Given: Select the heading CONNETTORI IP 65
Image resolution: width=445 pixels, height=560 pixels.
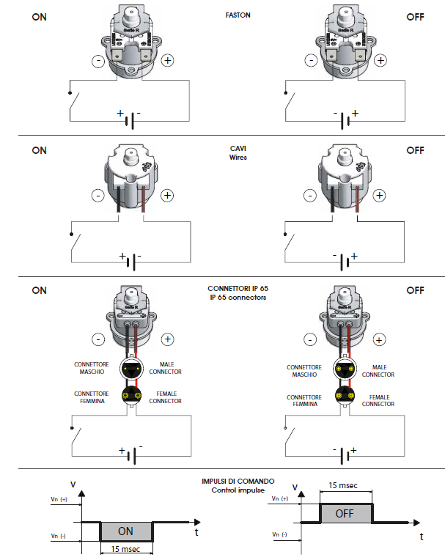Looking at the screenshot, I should [237, 289].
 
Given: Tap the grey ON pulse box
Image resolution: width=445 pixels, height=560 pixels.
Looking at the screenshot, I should [126, 531].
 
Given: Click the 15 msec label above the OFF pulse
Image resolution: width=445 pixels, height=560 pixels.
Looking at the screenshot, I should [344, 486].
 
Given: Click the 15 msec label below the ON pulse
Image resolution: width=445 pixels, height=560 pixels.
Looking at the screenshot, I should [125, 550].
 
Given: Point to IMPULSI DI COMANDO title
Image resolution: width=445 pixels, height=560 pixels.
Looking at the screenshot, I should [236, 482].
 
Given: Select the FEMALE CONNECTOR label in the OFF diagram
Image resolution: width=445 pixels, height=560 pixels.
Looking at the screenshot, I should [378, 399].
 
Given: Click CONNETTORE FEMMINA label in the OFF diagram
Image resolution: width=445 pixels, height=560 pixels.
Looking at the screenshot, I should [304, 401].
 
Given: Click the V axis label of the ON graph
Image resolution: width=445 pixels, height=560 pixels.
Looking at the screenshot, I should [72, 485].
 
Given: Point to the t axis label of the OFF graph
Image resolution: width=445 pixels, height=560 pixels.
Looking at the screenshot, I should [422, 537].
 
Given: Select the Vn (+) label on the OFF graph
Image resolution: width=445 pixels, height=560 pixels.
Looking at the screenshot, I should [280, 498].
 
